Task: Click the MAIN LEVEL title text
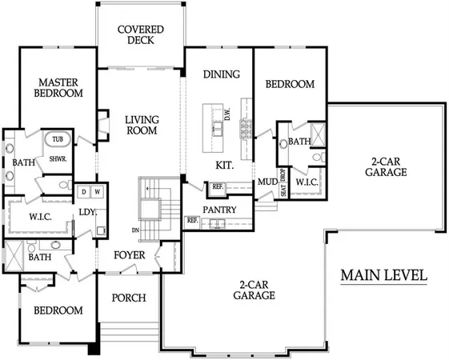pyautogui.click(x=383, y=275)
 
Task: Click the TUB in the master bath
pyautogui.click(x=57, y=139)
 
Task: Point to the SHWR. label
pyautogui.click(x=58, y=158)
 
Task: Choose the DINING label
pyautogui.click(x=221, y=75)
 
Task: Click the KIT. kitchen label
pyautogui.click(x=225, y=165)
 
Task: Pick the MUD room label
pyautogui.click(x=267, y=182)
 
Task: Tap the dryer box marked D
pyautogui.click(x=83, y=192)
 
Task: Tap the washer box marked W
pyautogui.click(x=97, y=192)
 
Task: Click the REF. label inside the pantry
pyautogui.click(x=192, y=220)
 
